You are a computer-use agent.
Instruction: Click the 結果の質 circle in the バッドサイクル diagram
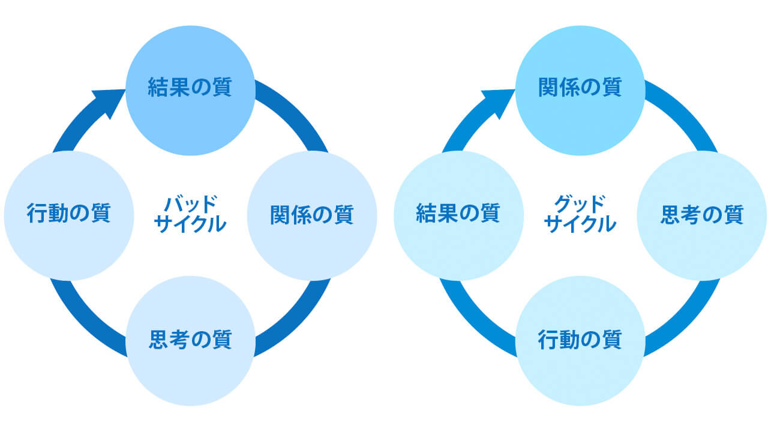coord(190,90)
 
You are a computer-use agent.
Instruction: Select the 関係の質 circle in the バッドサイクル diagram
coord(311,215)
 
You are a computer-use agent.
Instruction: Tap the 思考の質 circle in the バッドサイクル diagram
coord(190,340)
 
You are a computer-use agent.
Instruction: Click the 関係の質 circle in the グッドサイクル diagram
coord(580,90)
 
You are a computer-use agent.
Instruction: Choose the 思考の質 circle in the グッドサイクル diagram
coord(701,215)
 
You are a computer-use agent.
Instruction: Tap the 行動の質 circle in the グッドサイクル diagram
coord(580,340)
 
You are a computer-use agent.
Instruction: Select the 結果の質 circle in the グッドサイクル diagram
coord(458,215)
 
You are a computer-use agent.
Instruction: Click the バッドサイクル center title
coord(190,214)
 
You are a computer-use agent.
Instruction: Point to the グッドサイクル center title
coord(580,214)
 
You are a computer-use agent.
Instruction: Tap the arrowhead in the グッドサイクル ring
coord(499,100)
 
